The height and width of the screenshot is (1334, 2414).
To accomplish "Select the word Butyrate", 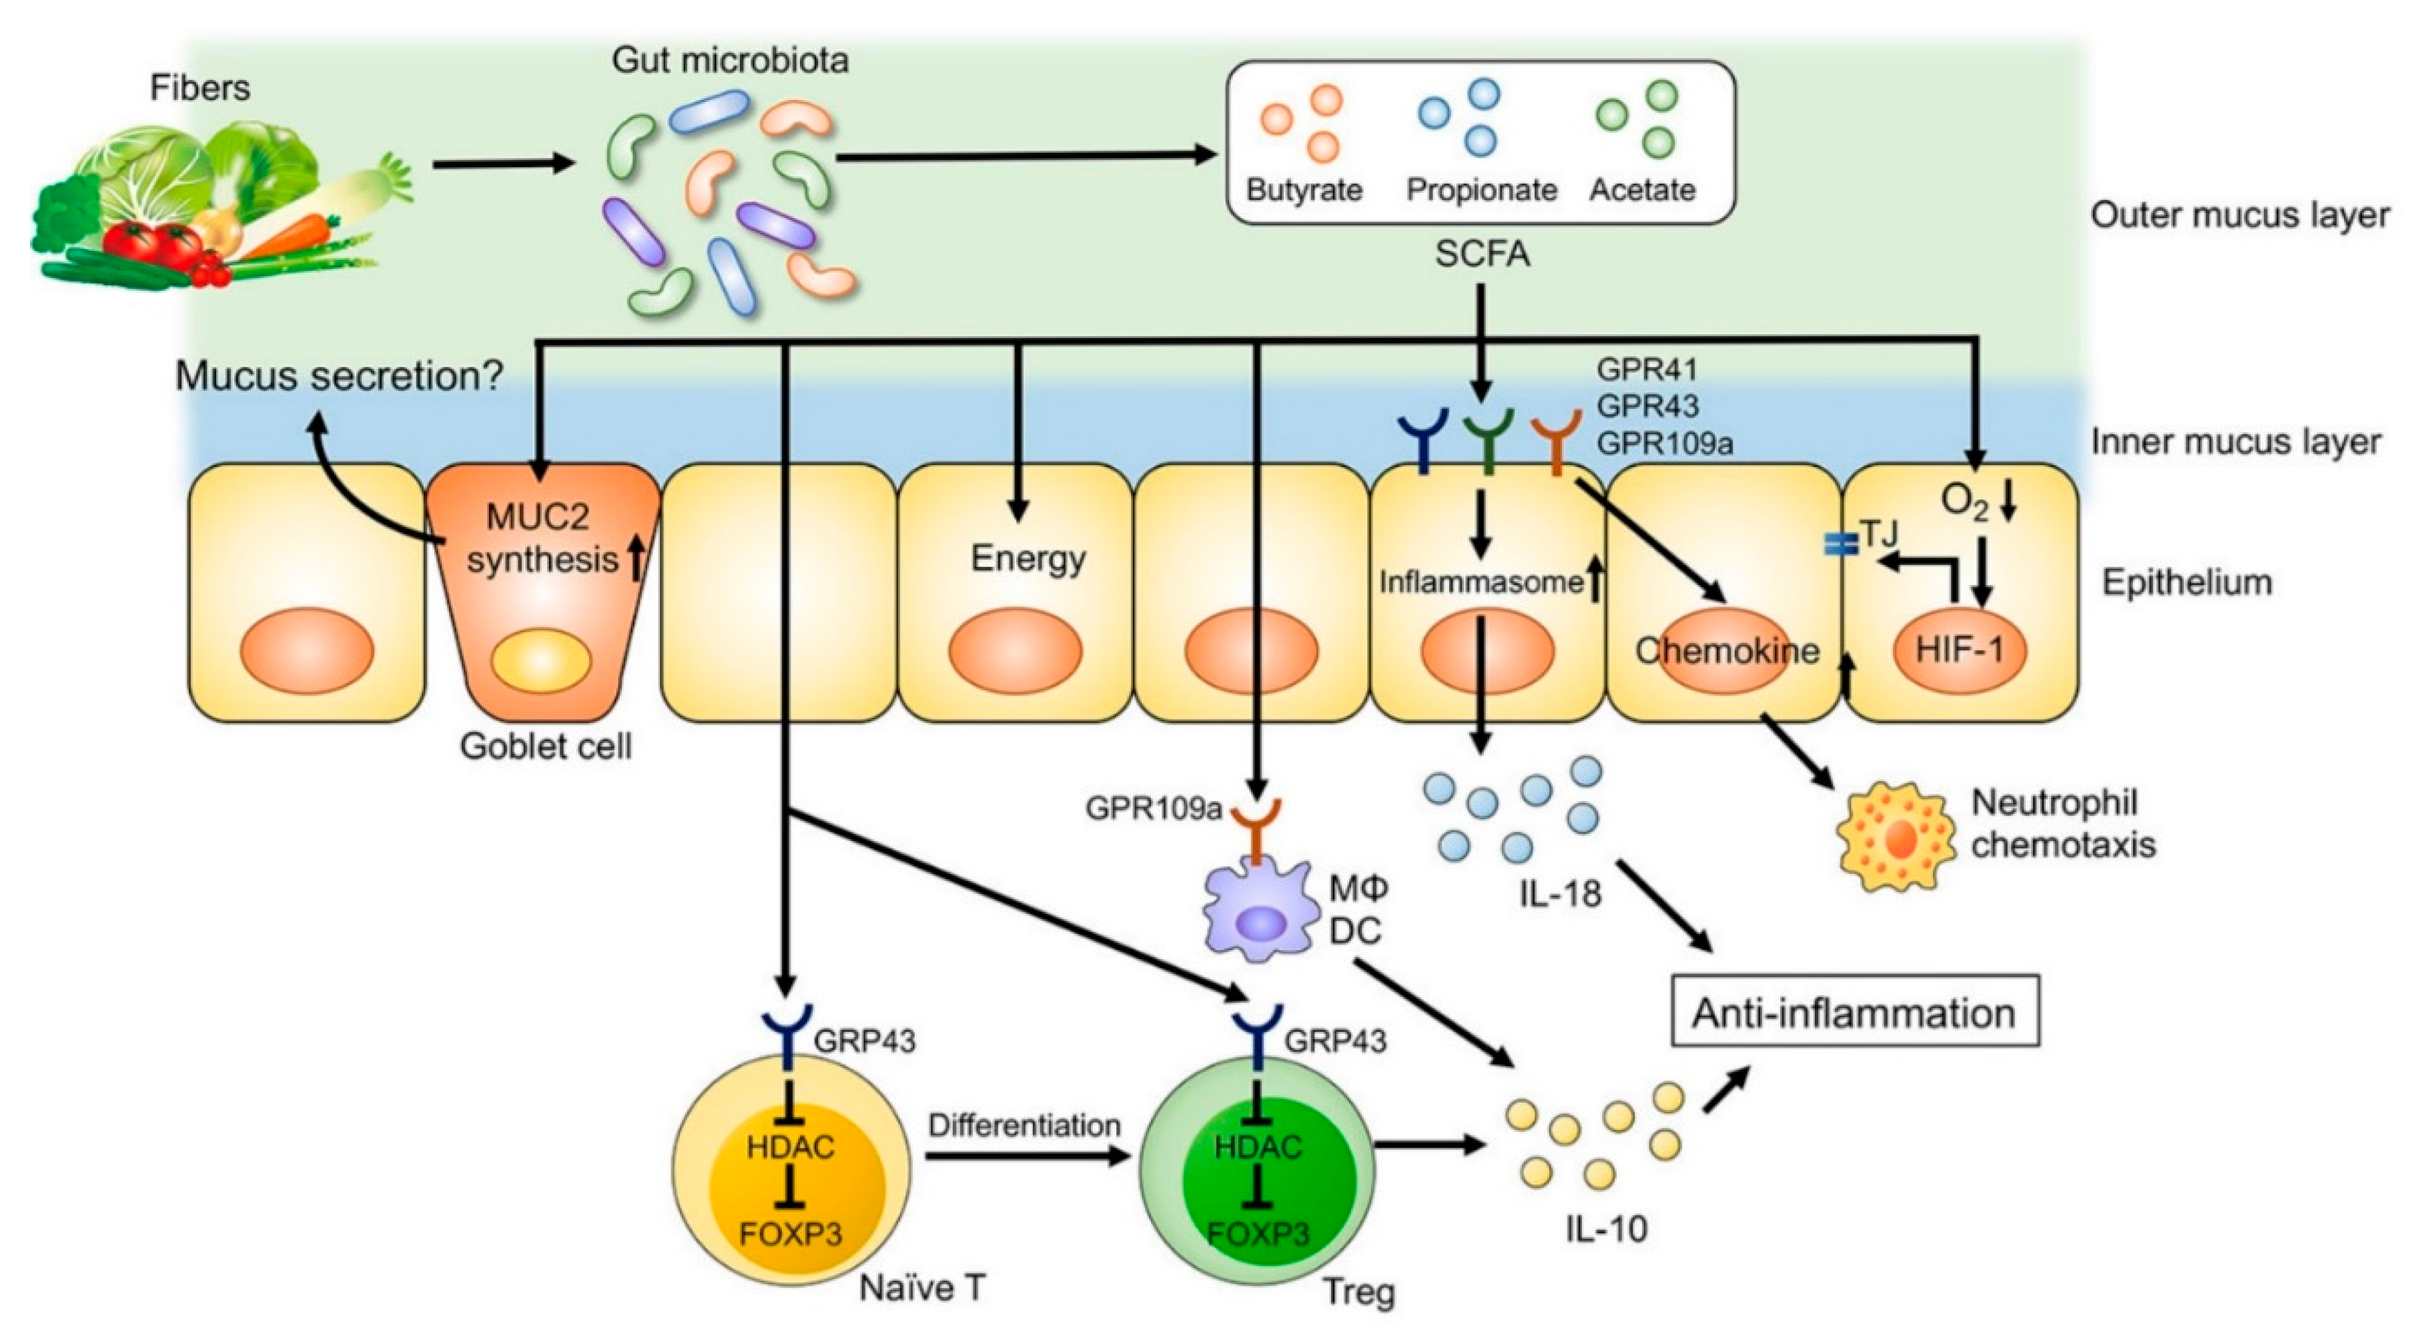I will (1304, 190).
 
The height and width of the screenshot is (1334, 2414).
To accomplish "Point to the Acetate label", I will (1642, 190).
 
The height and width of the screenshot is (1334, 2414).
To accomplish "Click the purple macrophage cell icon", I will (1261, 913).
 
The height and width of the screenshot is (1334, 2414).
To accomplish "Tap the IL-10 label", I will (1605, 1228).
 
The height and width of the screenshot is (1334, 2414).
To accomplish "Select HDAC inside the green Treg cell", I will (1258, 1147).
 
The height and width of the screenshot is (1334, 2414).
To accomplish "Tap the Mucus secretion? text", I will (339, 377).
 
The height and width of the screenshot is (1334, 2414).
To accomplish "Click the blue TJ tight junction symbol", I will (1840, 544).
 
